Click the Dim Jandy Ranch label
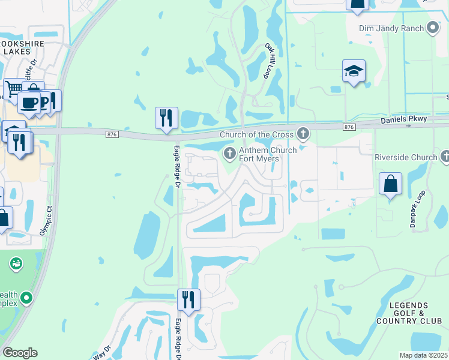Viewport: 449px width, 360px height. click(391, 28)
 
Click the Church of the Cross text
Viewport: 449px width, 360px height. click(258, 134)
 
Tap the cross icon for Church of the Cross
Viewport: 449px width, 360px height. click(304, 133)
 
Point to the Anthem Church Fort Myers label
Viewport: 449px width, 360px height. click(268, 154)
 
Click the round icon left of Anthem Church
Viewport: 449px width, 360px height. click(229, 154)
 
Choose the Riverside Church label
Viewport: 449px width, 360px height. click(406, 157)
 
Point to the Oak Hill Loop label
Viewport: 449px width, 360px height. click(271, 61)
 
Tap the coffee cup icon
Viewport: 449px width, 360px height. click(29, 102)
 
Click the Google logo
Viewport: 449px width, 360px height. click(19, 353)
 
